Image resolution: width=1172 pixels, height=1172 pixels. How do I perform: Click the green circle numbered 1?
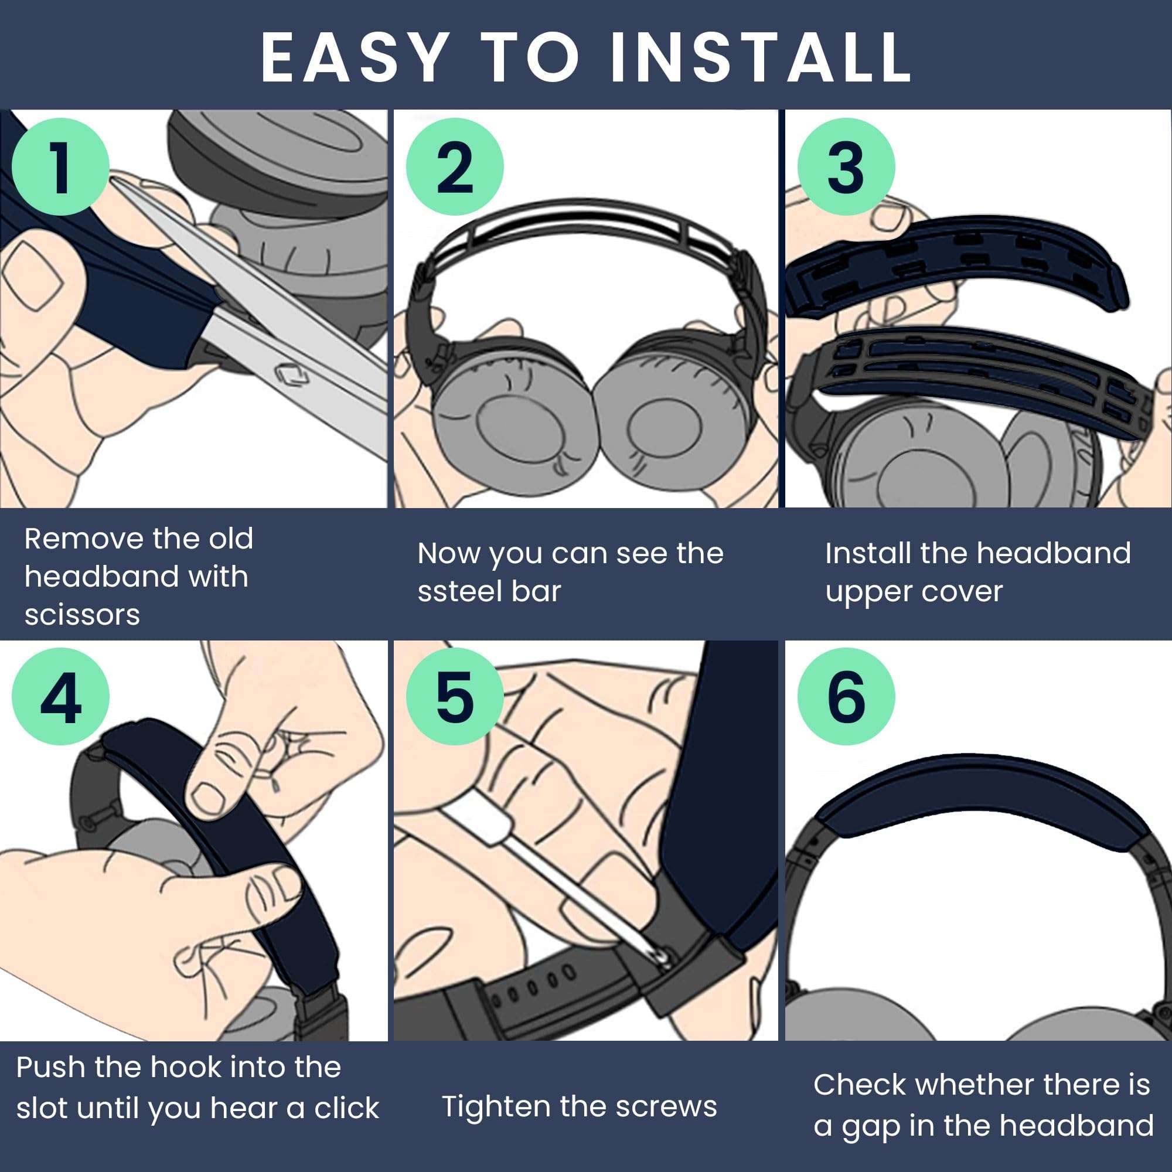(x=60, y=166)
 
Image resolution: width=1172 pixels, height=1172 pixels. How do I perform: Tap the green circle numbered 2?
(x=454, y=166)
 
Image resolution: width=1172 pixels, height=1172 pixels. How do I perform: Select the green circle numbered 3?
(x=846, y=166)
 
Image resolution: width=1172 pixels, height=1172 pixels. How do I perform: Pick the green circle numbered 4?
(x=60, y=696)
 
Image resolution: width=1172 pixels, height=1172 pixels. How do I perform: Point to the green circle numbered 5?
(x=454, y=696)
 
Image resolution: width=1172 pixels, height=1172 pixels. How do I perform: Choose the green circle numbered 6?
(x=846, y=696)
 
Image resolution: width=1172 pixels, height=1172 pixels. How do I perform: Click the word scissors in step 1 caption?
(x=83, y=615)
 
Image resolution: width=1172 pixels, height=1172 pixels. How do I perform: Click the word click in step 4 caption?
(x=346, y=1108)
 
